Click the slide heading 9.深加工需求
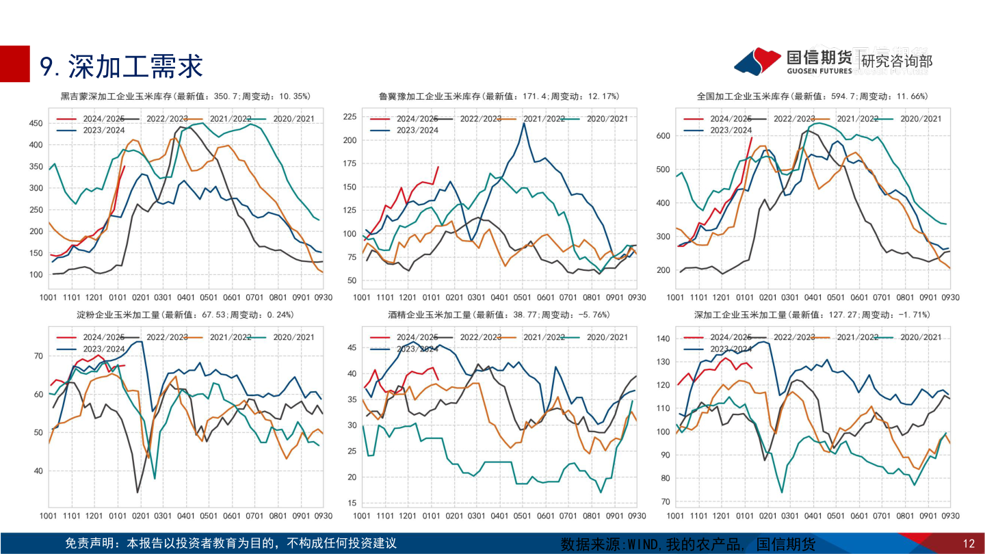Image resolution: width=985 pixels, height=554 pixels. point(122,66)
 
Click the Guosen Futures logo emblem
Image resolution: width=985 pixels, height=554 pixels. point(757,61)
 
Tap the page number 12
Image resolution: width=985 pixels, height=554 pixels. point(968,544)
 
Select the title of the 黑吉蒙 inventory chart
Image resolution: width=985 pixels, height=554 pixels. point(185,96)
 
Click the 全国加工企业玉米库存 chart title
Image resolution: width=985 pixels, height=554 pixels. point(812,96)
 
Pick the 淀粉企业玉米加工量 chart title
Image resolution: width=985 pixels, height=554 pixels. point(185,315)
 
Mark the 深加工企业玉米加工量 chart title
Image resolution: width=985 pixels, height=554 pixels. point(812,315)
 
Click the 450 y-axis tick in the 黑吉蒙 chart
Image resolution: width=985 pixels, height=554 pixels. point(35,123)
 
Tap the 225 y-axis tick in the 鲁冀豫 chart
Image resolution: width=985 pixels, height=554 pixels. point(349,117)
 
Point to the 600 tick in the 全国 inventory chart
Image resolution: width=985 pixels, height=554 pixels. point(662,136)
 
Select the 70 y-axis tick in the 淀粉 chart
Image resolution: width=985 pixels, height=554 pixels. point(38,356)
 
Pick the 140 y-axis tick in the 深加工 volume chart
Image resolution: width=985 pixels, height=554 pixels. point(662,339)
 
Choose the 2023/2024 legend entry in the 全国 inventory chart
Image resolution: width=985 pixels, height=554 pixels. point(731,130)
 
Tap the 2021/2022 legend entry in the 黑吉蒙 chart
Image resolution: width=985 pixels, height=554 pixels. point(227,119)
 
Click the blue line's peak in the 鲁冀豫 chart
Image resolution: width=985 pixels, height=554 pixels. point(524,123)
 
